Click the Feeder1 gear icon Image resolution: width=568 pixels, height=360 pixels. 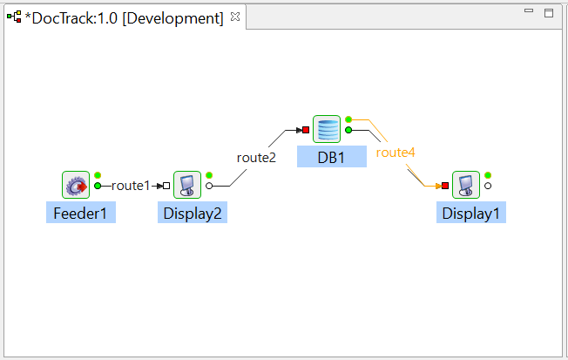[76, 185]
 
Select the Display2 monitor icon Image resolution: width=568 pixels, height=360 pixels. [187, 185]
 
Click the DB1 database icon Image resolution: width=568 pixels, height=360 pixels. [327, 129]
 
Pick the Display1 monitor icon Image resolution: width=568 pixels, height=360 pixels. [466, 185]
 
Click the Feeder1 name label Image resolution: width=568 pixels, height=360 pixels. [81, 213]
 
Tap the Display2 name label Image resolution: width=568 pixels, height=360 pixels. [193, 213]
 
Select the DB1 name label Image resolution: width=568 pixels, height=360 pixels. [332, 157]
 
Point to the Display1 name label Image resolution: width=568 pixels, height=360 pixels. [471, 213]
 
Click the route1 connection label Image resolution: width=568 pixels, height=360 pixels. [131, 186]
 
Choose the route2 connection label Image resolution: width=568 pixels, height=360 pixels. [256, 158]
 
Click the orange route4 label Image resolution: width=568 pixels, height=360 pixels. [396, 153]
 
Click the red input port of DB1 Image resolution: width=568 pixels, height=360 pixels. [306, 130]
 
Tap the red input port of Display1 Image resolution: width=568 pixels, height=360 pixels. [445, 186]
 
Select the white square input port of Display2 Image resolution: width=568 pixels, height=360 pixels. [166, 186]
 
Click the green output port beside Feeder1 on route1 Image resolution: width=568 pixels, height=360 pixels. [98, 186]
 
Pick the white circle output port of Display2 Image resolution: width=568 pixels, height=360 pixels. [209, 186]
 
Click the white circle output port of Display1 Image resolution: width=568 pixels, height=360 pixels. [488, 186]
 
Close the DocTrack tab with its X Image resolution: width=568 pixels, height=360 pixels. [235, 17]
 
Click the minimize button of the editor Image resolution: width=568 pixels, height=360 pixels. [529, 10]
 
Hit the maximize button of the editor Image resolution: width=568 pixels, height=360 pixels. [549, 13]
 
